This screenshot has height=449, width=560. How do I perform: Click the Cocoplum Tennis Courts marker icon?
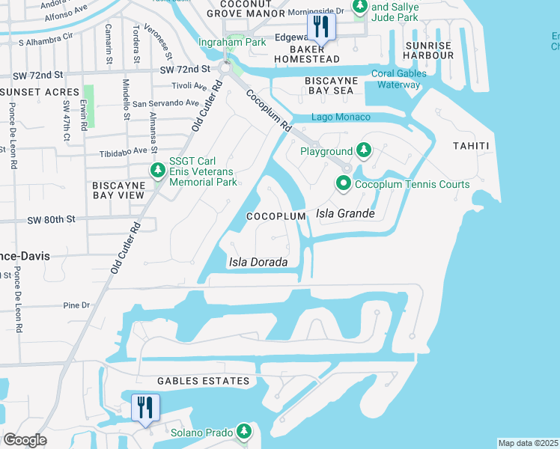[x=344, y=183]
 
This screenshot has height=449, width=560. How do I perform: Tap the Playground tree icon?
[x=363, y=151]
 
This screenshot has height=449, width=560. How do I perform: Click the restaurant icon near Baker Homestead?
[x=321, y=28]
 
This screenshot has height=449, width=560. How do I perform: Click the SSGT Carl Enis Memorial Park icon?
[x=157, y=171]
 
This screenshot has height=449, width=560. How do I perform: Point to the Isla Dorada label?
[x=258, y=262]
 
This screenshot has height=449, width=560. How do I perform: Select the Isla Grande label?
[x=345, y=213]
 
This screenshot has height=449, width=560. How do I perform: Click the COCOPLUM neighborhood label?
[x=277, y=216]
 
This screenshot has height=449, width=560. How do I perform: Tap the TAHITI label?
[x=471, y=146]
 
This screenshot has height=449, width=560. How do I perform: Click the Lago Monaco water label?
[x=341, y=117]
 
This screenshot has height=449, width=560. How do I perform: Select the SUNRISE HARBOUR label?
[x=428, y=52]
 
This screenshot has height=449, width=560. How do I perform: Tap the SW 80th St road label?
[x=52, y=220]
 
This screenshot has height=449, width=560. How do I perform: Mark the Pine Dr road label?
[x=76, y=305]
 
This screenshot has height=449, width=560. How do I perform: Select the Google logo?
[x=25, y=440]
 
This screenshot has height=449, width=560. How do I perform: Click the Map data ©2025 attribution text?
[x=528, y=443]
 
